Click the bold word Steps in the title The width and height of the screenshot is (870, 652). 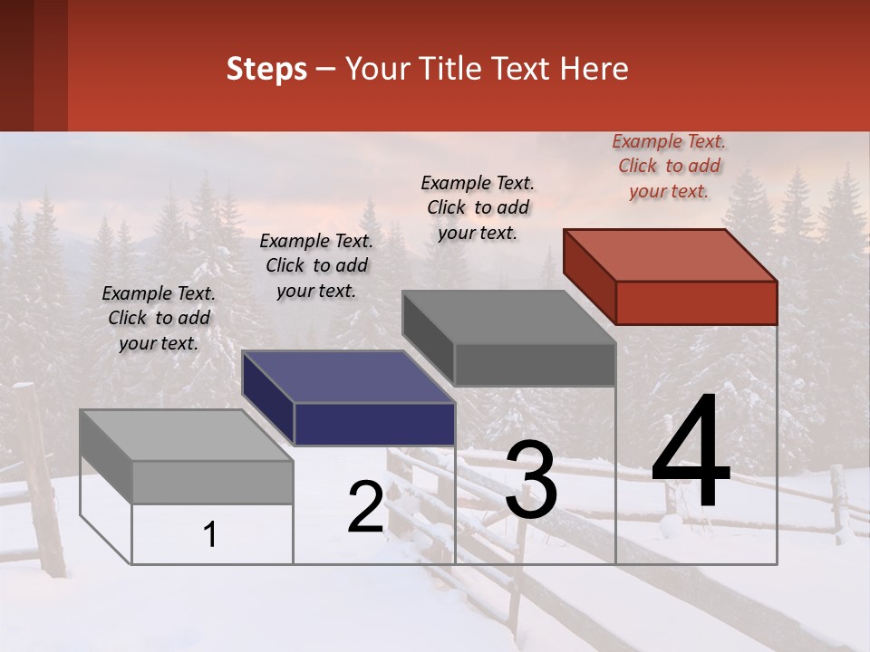(266, 69)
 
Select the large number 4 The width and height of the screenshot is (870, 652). (691, 452)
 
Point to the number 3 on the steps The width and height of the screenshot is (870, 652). (531, 480)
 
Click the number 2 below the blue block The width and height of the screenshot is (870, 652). (365, 507)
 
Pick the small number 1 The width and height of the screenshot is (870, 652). (210, 535)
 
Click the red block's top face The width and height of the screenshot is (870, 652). (671, 254)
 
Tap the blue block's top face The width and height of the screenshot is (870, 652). (349, 376)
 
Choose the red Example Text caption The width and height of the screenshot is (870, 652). (669, 166)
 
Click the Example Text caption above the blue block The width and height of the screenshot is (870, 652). (316, 265)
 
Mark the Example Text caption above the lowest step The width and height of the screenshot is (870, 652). (159, 318)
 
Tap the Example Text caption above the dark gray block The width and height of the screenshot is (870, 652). (478, 207)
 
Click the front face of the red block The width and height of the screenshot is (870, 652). (696, 302)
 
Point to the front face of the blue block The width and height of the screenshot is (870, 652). (374, 424)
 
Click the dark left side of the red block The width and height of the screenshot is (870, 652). (589, 275)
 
